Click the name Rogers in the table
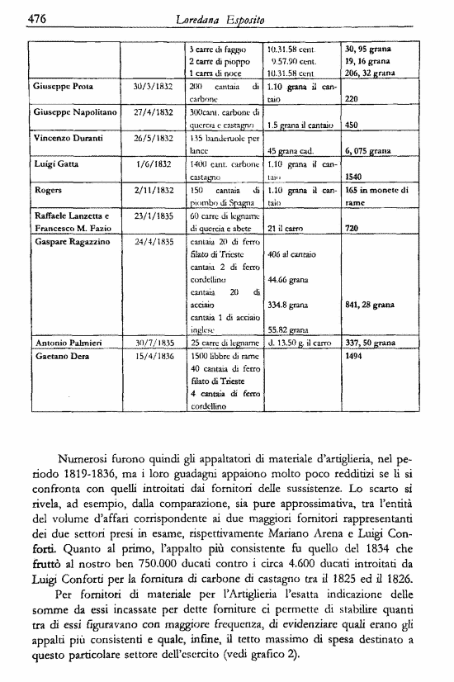49,190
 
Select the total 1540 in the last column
355,177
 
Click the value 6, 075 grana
367,151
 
